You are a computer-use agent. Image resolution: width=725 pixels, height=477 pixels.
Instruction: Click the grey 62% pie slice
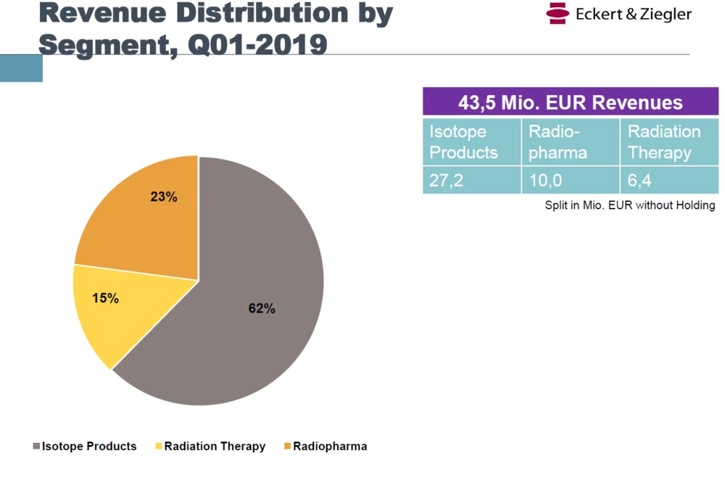pos(246,341)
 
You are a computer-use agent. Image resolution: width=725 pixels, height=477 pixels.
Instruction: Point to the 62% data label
pos(262,308)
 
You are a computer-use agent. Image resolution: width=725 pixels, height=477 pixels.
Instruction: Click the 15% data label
pos(105,298)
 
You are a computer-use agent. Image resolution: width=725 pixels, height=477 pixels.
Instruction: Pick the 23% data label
pos(164,196)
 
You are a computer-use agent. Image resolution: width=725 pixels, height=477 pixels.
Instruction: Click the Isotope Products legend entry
pos(85,447)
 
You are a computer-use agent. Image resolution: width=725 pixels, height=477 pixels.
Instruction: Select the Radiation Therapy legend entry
pos(210,447)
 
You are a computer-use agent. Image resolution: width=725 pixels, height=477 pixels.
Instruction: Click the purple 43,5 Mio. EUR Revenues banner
pos(571,102)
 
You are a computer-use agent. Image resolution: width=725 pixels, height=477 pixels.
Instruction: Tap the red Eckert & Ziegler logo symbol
pos(557,13)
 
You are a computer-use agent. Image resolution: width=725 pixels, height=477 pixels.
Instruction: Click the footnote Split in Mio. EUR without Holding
pos(630,205)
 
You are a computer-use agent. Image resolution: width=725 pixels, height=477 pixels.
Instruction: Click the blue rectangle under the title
pos(21,68)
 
